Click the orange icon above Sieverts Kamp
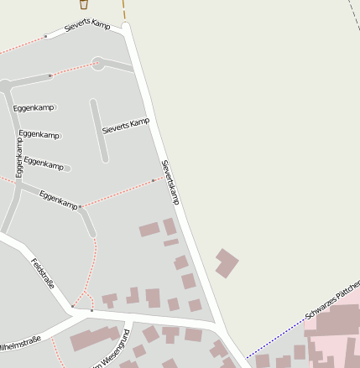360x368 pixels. pyautogui.click(x=83, y=5)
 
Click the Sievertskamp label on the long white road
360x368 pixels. pyautogui.click(x=170, y=182)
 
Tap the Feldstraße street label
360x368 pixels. pyautogui.click(x=43, y=273)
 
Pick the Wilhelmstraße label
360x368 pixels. pyautogui.click(x=19, y=344)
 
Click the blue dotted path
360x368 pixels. pyautogui.click(x=277, y=336)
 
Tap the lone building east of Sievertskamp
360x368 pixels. pyautogui.click(x=226, y=262)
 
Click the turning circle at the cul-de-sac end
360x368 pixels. pyautogui.click(x=97, y=63)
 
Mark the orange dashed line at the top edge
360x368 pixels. pyautogui.click(x=124, y=9)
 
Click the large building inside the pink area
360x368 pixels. pyautogui.click(x=340, y=323)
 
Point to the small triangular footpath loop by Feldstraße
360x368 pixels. pyautogui.click(x=82, y=302)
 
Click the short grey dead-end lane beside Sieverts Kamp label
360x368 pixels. pyautogui.click(x=99, y=131)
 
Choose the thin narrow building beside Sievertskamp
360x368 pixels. pyautogui.click(x=171, y=242)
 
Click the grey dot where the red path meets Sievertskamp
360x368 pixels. pyautogui.click(x=153, y=180)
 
